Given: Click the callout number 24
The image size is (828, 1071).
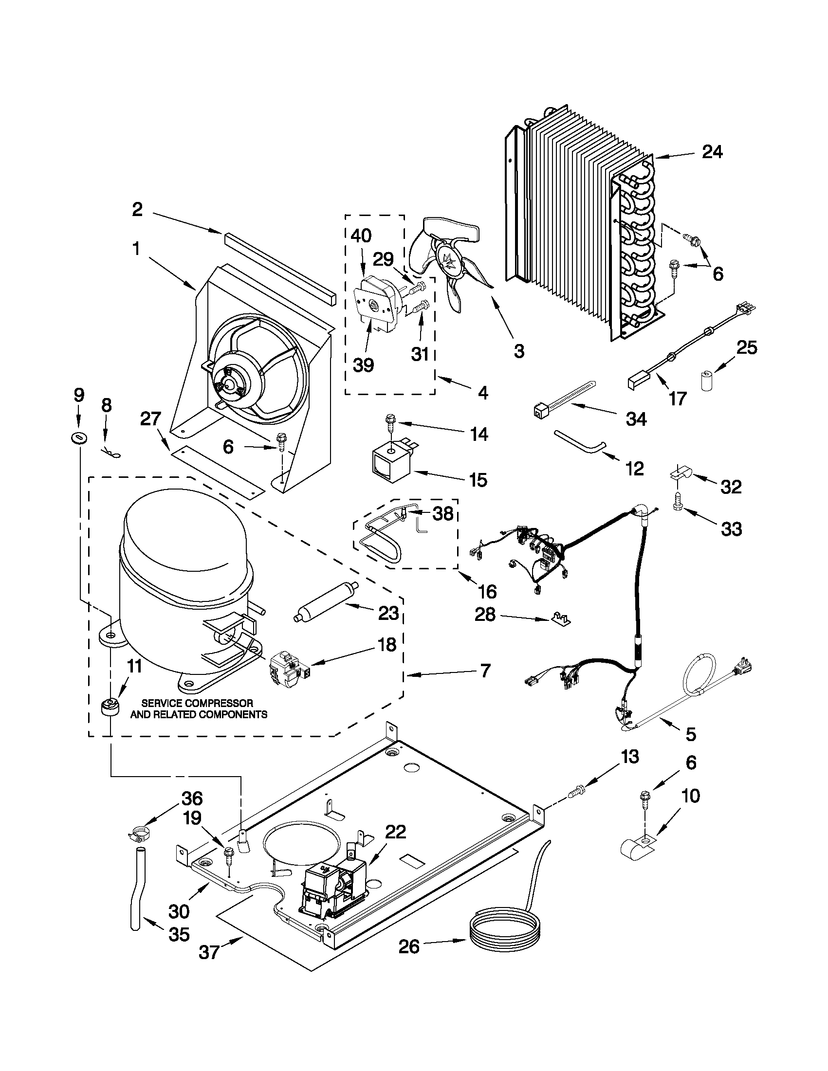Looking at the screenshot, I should pos(712,152).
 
